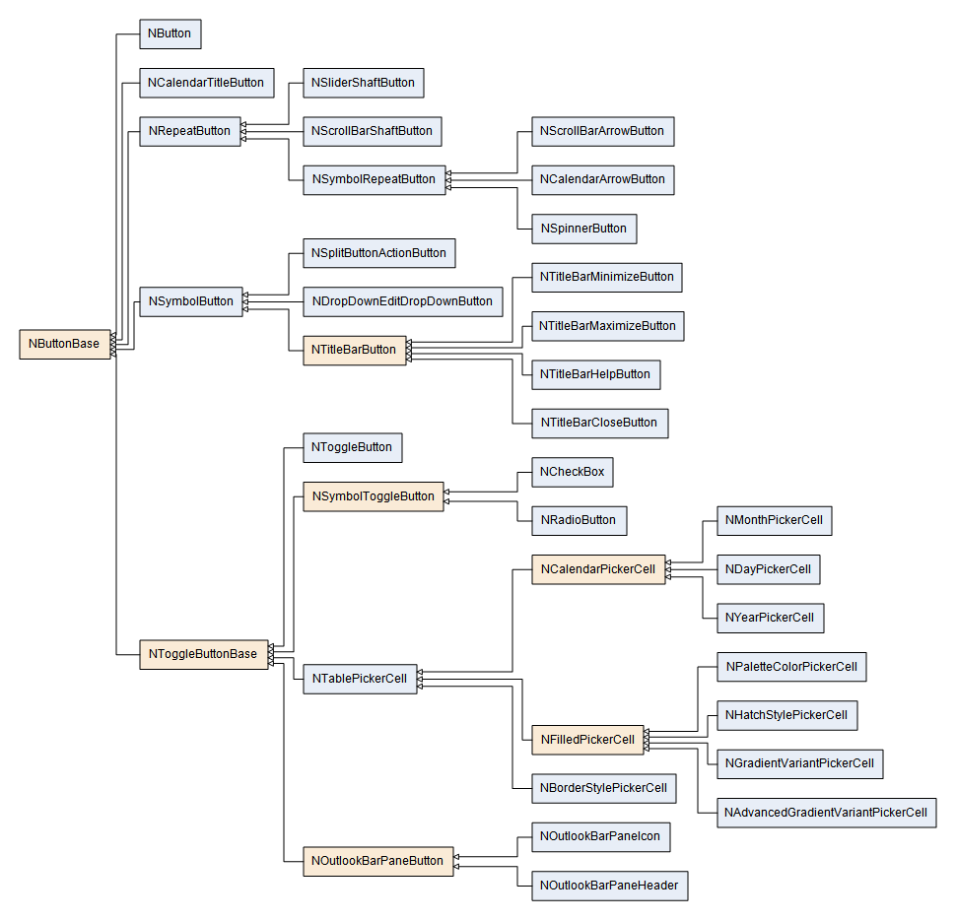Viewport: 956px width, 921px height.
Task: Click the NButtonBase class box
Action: [65, 344]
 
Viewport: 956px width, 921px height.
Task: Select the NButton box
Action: [170, 33]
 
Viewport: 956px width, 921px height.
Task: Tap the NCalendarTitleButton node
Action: [206, 83]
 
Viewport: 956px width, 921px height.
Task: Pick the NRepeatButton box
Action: [190, 131]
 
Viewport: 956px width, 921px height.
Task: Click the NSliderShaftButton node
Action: [363, 83]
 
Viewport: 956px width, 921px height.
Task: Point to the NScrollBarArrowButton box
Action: [602, 131]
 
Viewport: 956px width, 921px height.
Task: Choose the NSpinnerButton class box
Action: [583, 229]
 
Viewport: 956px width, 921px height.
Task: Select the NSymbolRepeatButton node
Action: [374, 179]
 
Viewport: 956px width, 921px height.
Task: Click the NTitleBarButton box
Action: [354, 350]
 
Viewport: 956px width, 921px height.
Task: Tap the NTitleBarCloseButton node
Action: [598, 423]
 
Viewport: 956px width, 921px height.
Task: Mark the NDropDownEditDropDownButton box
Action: [402, 301]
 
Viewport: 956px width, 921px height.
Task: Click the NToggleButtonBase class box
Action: [203, 654]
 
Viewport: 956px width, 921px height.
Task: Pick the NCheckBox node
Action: [573, 472]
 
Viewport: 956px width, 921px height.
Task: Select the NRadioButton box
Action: [579, 520]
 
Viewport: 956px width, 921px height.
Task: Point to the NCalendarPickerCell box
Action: [598, 569]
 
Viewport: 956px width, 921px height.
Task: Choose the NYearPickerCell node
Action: [770, 619]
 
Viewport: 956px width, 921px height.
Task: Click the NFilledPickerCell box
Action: [587, 740]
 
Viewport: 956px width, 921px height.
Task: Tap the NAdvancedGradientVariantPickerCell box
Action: [826, 813]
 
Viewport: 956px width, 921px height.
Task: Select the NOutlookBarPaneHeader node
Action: [609, 886]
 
